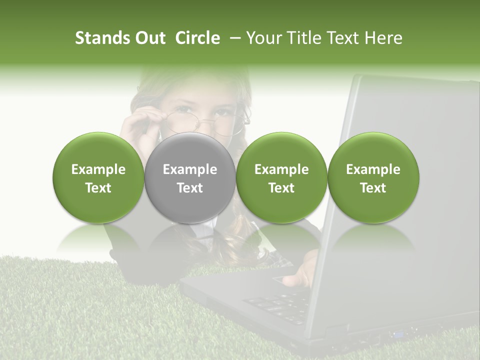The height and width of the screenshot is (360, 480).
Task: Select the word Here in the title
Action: point(384,38)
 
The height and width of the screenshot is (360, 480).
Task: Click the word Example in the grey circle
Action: point(190,169)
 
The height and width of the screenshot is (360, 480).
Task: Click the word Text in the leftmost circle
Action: point(98,188)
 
